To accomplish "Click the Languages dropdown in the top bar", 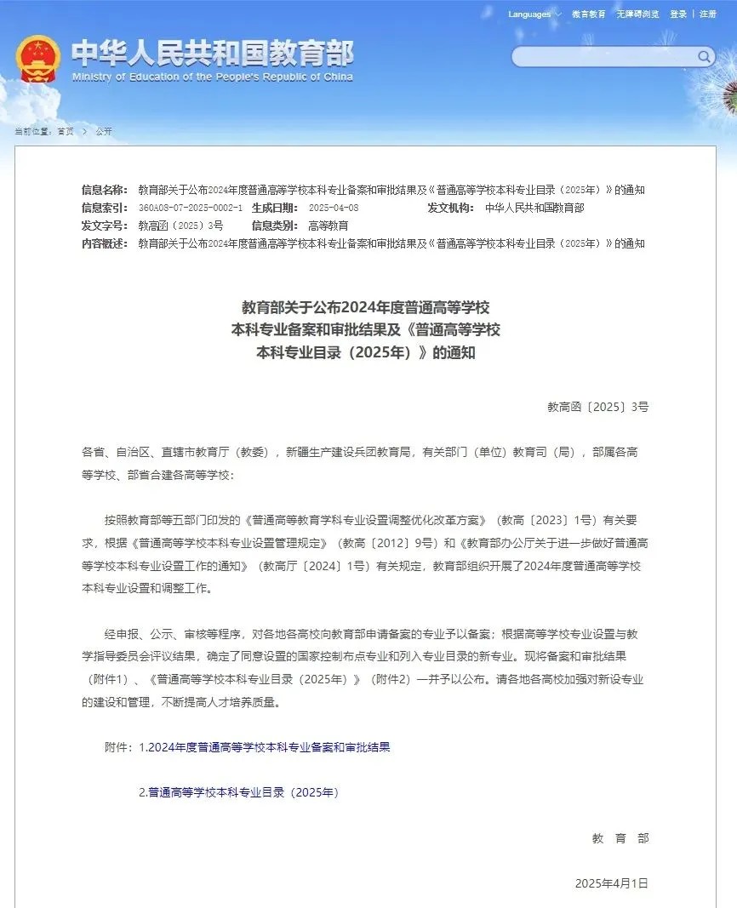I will click(x=534, y=14).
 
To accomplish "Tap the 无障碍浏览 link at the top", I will click(x=637, y=14).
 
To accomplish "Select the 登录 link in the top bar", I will click(x=678, y=14).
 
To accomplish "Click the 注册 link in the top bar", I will click(x=708, y=14).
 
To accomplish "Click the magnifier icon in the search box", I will click(x=705, y=57).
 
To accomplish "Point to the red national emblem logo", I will click(x=37, y=58).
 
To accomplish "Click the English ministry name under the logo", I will click(x=212, y=77).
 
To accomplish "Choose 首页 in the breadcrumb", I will click(x=66, y=132).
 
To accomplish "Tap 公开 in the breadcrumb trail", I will click(x=104, y=132).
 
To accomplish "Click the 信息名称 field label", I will click(x=105, y=190).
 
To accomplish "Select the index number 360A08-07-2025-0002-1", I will click(x=190, y=208).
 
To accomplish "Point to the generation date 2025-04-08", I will click(x=334, y=208).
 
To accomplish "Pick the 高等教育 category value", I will click(x=328, y=226).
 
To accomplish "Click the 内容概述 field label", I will click(x=105, y=243).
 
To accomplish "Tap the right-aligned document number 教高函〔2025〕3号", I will click(x=597, y=407).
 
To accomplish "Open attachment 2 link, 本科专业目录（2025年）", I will click(x=239, y=792).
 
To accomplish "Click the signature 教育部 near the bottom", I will click(x=620, y=838).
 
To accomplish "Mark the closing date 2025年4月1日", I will click(x=611, y=882).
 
